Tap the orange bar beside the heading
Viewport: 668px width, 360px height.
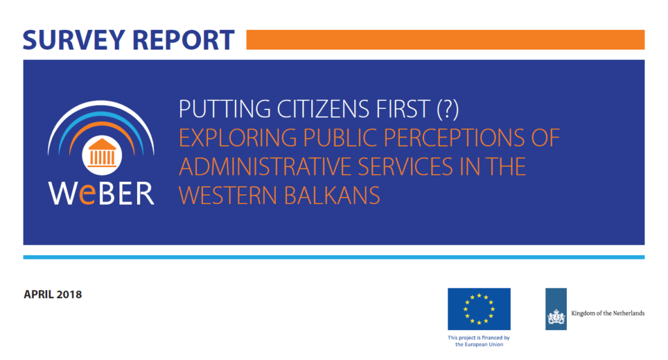(445, 40)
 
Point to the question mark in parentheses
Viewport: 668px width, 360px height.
(448, 109)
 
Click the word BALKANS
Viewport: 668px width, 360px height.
(331, 196)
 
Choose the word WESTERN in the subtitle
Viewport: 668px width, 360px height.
(228, 196)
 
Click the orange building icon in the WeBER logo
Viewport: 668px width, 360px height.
(102, 153)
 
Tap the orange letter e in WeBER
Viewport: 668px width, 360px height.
(87, 195)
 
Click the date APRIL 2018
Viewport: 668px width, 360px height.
(53, 294)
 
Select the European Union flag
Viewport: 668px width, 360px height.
(479, 309)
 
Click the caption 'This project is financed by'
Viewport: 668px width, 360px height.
(478, 338)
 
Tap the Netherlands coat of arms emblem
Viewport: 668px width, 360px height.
(556, 317)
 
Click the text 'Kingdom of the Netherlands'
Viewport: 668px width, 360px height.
(607, 313)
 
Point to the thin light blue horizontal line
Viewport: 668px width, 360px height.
(333, 258)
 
